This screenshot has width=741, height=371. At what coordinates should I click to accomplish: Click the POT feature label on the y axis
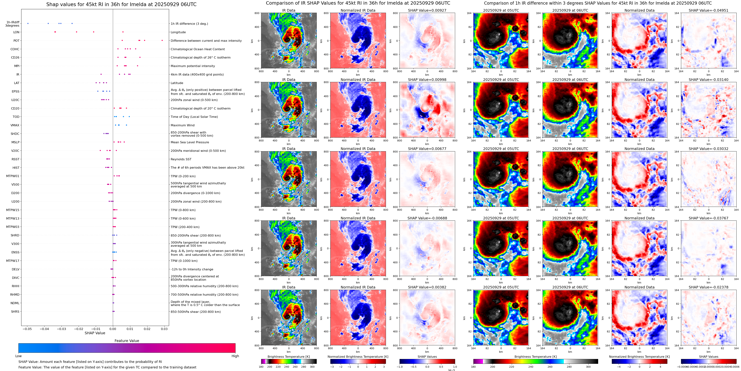point(16,41)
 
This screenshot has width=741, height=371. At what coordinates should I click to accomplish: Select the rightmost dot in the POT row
point(162,40)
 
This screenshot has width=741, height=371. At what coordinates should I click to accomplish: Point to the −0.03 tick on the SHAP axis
point(62,329)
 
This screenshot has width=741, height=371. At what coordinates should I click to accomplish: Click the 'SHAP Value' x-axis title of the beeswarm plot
point(95,333)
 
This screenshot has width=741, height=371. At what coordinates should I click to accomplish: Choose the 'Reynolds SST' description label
point(181,159)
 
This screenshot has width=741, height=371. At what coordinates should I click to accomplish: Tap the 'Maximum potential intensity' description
point(193,66)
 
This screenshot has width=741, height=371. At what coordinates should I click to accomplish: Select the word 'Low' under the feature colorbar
point(18,356)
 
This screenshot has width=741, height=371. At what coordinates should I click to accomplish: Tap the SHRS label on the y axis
point(15,311)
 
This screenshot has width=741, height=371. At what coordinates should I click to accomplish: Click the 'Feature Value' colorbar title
point(127,341)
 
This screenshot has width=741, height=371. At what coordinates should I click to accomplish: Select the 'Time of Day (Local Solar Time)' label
point(194,117)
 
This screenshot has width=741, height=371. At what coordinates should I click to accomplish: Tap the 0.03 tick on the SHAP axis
point(164,329)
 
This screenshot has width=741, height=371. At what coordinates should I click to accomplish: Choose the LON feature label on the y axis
point(16,32)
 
